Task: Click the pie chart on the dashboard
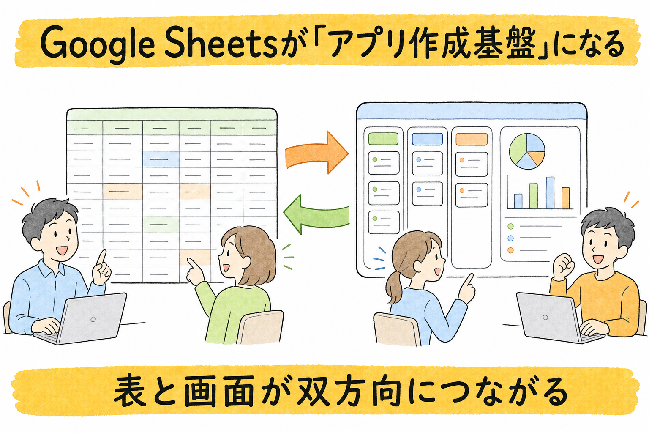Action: tap(527, 151)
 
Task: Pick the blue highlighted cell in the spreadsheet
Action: tap(161, 159)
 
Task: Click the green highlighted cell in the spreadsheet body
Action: tap(161, 224)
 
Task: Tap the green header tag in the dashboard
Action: tap(383, 139)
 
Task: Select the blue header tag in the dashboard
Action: tap(427, 139)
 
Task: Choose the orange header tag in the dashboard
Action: tap(472, 139)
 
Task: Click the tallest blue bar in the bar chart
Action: tap(550, 192)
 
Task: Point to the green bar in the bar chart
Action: tap(533, 196)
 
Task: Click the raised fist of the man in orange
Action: tap(564, 266)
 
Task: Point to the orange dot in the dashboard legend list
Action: tap(510, 250)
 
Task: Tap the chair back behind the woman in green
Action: tap(260, 327)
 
